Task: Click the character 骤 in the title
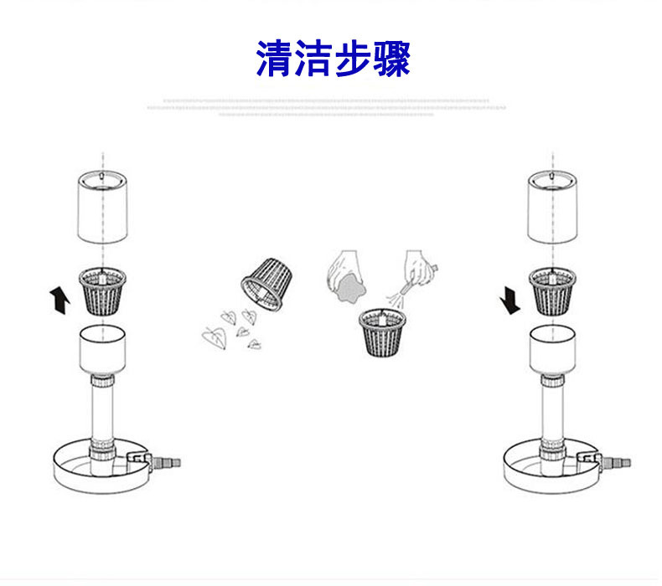[x=390, y=58]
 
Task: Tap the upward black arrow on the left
[x=59, y=300]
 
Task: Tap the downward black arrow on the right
[x=509, y=300]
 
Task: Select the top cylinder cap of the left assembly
[x=101, y=207]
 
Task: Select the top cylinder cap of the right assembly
[x=551, y=207]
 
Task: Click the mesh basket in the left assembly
[x=101, y=290]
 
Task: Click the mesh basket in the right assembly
[x=551, y=290]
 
